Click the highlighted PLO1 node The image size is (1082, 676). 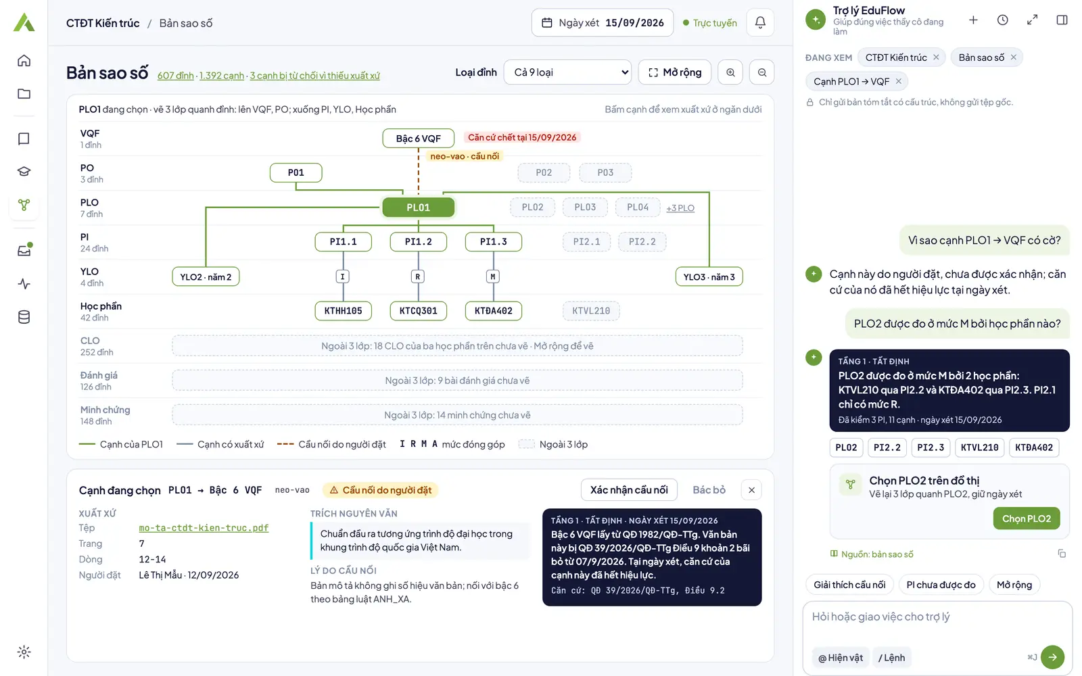[419, 207]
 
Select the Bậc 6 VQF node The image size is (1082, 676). [419, 138]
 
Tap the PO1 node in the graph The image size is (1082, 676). [296, 172]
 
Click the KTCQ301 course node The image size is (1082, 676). [419, 310]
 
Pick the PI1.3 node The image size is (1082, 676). [493, 241]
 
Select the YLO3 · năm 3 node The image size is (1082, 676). [709, 276]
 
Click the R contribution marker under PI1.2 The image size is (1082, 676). [418, 276]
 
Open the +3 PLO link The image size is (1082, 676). [680, 208]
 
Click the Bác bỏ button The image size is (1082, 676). [709, 489]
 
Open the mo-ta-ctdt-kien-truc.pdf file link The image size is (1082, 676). [204, 528]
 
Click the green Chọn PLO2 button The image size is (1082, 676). [1027, 518]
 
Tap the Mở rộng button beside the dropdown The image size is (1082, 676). [675, 72]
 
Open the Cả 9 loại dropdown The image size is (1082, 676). [567, 72]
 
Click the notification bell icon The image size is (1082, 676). [760, 22]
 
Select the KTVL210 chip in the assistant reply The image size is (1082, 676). [980, 447]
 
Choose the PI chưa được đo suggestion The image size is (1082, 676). [941, 585]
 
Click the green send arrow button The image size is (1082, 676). [1052, 657]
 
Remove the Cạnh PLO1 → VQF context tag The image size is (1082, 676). [899, 81]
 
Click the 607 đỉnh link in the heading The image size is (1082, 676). [175, 75]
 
